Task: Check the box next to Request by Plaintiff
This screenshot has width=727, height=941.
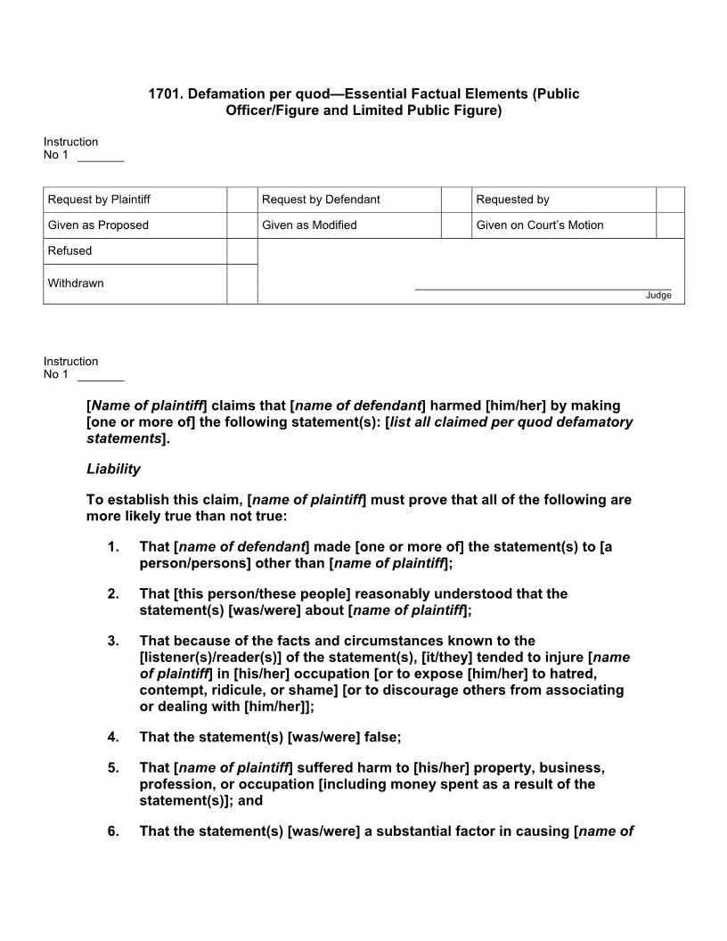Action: [241, 200]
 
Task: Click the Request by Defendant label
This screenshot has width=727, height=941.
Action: [321, 200]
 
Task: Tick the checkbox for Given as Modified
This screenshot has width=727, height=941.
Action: [456, 225]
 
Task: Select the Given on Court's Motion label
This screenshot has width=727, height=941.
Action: [539, 225]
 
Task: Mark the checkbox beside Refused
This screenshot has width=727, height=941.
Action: [241, 251]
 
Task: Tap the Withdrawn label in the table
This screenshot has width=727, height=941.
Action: [76, 283]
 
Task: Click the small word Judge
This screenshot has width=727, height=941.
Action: [658, 296]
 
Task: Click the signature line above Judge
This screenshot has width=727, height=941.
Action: [543, 289]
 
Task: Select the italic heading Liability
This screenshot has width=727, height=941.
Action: [113, 469]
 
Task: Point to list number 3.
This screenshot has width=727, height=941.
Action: [113, 641]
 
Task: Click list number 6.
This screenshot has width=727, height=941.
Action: [113, 831]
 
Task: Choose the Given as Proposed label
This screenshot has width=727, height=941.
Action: [98, 225]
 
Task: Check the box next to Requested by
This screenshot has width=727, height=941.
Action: [670, 200]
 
